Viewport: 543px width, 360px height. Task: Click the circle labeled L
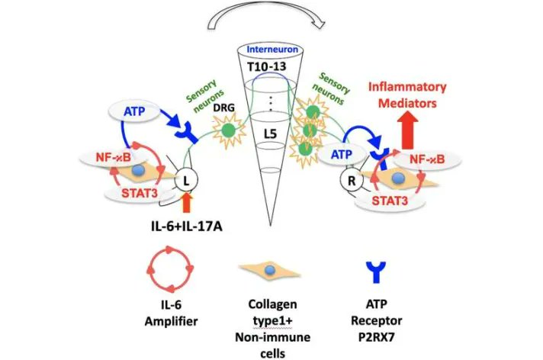[x=186, y=181]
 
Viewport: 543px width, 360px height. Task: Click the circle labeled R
[x=352, y=181]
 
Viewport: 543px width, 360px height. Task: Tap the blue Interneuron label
[x=272, y=50]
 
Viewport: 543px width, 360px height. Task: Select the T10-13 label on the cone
[x=267, y=66]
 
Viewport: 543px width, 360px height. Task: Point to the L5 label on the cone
[x=270, y=133]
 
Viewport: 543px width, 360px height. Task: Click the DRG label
[x=223, y=108]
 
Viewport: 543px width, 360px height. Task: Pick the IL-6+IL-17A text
[x=187, y=227]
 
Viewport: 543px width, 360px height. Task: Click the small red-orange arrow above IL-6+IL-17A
[x=186, y=203]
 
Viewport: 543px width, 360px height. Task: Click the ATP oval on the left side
[x=134, y=111]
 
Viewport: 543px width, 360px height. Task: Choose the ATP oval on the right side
[x=342, y=155]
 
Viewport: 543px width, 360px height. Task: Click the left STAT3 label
[x=140, y=193]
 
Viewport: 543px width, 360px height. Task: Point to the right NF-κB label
[x=427, y=159]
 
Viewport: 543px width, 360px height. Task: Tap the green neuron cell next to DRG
[x=228, y=130]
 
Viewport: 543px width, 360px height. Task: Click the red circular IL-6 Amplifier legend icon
[x=170, y=268]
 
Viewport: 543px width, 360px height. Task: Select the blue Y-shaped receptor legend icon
[x=376, y=272]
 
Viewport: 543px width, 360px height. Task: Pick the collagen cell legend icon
[x=269, y=271]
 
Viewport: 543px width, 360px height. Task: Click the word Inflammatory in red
[x=407, y=87]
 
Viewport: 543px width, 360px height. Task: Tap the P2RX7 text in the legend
[x=376, y=337]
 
